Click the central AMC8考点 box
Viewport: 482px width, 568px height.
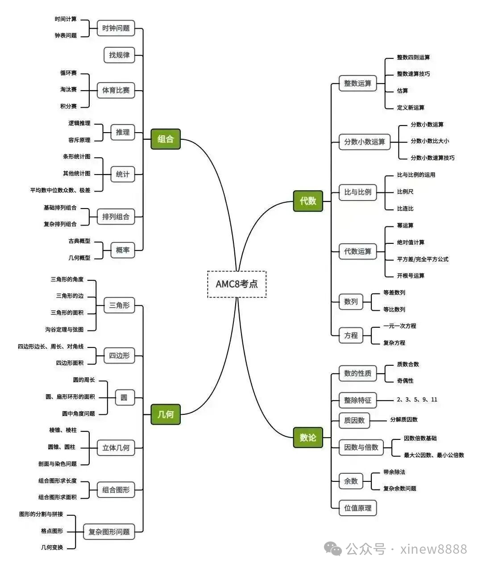pyautogui.click(x=237, y=284)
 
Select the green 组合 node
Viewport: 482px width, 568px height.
pyautogui.click(x=166, y=139)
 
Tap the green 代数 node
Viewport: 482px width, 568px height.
pyautogui.click(x=308, y=201)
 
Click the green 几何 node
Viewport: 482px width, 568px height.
pyautogui.click(x=166, y=414)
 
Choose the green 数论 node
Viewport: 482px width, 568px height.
pyautogui.click(x=308, y=438)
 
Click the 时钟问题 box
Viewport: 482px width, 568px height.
pyautogui.click(x=116, y=28)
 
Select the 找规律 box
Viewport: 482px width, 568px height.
pyautogui.click(x=119, y=55)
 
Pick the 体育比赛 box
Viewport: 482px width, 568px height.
pyautogui.click(x=116, y=90)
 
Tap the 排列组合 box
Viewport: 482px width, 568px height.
pyautogui.click(x=116, y=217)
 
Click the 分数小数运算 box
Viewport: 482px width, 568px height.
pyautogui.click(x=364, y=142)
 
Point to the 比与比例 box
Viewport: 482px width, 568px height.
pyautogui.click(x=357, y=192)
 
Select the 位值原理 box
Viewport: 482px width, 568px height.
pyautogui.click(x=357, y=508)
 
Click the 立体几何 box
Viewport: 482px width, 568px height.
pyautogui.click(x=116, y=448)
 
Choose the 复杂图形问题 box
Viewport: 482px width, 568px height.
pyautogui.click(x=109, y=532)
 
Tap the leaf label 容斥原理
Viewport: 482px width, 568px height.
pyautogui.click(x=79, y=140)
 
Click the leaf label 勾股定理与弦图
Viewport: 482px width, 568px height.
pyautogui.click(x=64, y=330)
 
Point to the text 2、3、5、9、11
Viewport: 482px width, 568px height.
pyautogui.click(x=417, y=400)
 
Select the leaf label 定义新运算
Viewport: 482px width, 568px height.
pyautogui.click(x=411, y=108)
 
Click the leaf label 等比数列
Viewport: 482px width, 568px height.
pyautogui.click(x=394, y=309)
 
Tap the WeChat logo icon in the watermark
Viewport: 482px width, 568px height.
pyautogui.click(x=333, y=549)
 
